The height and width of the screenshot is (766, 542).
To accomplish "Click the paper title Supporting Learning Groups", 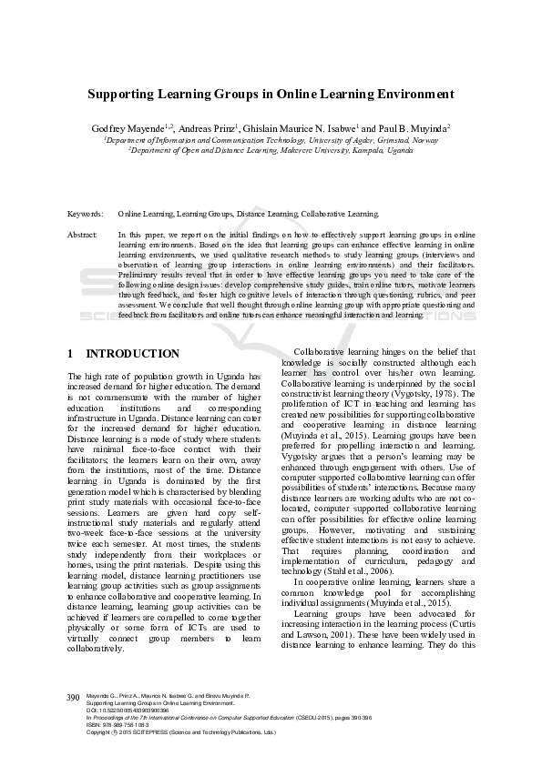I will (271, 94).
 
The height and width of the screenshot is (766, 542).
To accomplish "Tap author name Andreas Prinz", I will (209, 129).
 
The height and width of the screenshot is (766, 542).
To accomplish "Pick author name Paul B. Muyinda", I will (406, 129).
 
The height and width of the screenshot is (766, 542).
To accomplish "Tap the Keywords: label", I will (85, 214).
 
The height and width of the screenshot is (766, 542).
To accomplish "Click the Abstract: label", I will (83, 235).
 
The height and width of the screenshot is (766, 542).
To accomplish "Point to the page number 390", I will (74, 697).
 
